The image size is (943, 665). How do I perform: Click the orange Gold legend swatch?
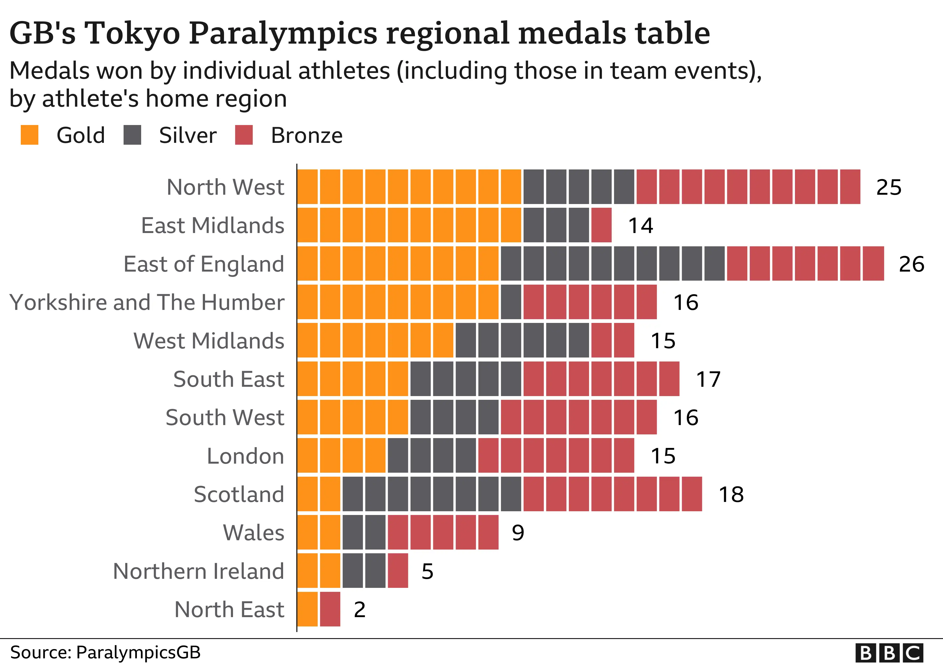[x=30, y=135]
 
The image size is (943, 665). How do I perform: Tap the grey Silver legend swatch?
[x=132, y=135]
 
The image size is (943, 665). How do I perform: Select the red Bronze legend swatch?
[x=244, y=135]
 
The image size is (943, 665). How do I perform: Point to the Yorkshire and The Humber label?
[x=147, y=302]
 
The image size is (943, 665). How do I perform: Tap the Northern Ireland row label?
[x=198, y=571]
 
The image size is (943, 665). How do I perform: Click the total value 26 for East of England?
[x=911, y=264]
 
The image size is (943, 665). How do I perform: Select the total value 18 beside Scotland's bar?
[x=731, y=494]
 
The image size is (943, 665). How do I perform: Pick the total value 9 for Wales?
[x=518, y=533]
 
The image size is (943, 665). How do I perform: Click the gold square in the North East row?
[x=308, y=609]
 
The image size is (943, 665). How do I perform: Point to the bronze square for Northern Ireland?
[x=398, y=571]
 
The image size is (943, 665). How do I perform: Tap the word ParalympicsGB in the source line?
[x=138, y=652]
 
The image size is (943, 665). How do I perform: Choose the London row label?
[x=245, y=456]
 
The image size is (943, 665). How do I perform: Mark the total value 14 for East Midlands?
[x=641, y=226]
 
